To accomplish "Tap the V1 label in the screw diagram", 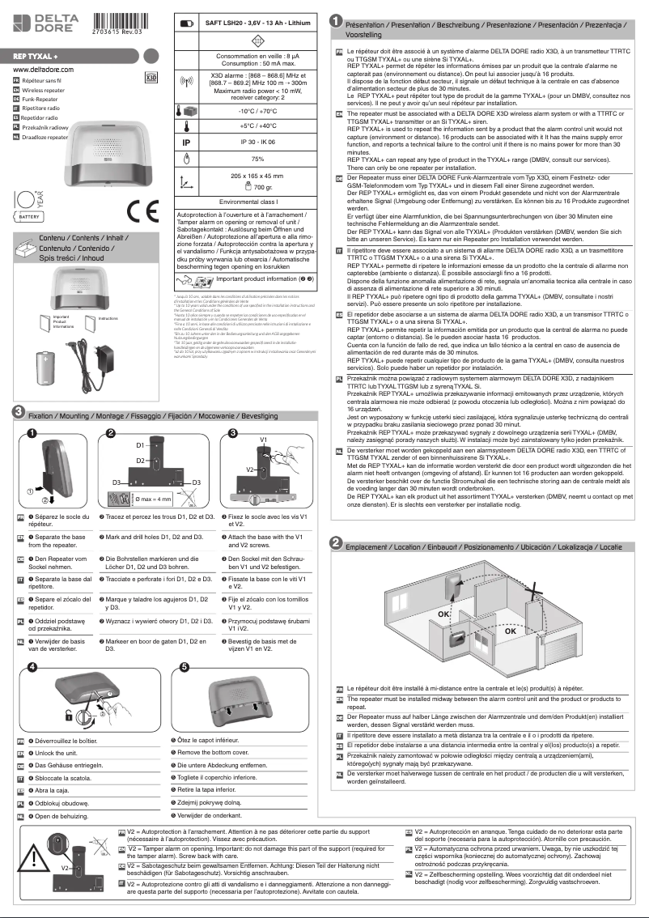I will (264, 439).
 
